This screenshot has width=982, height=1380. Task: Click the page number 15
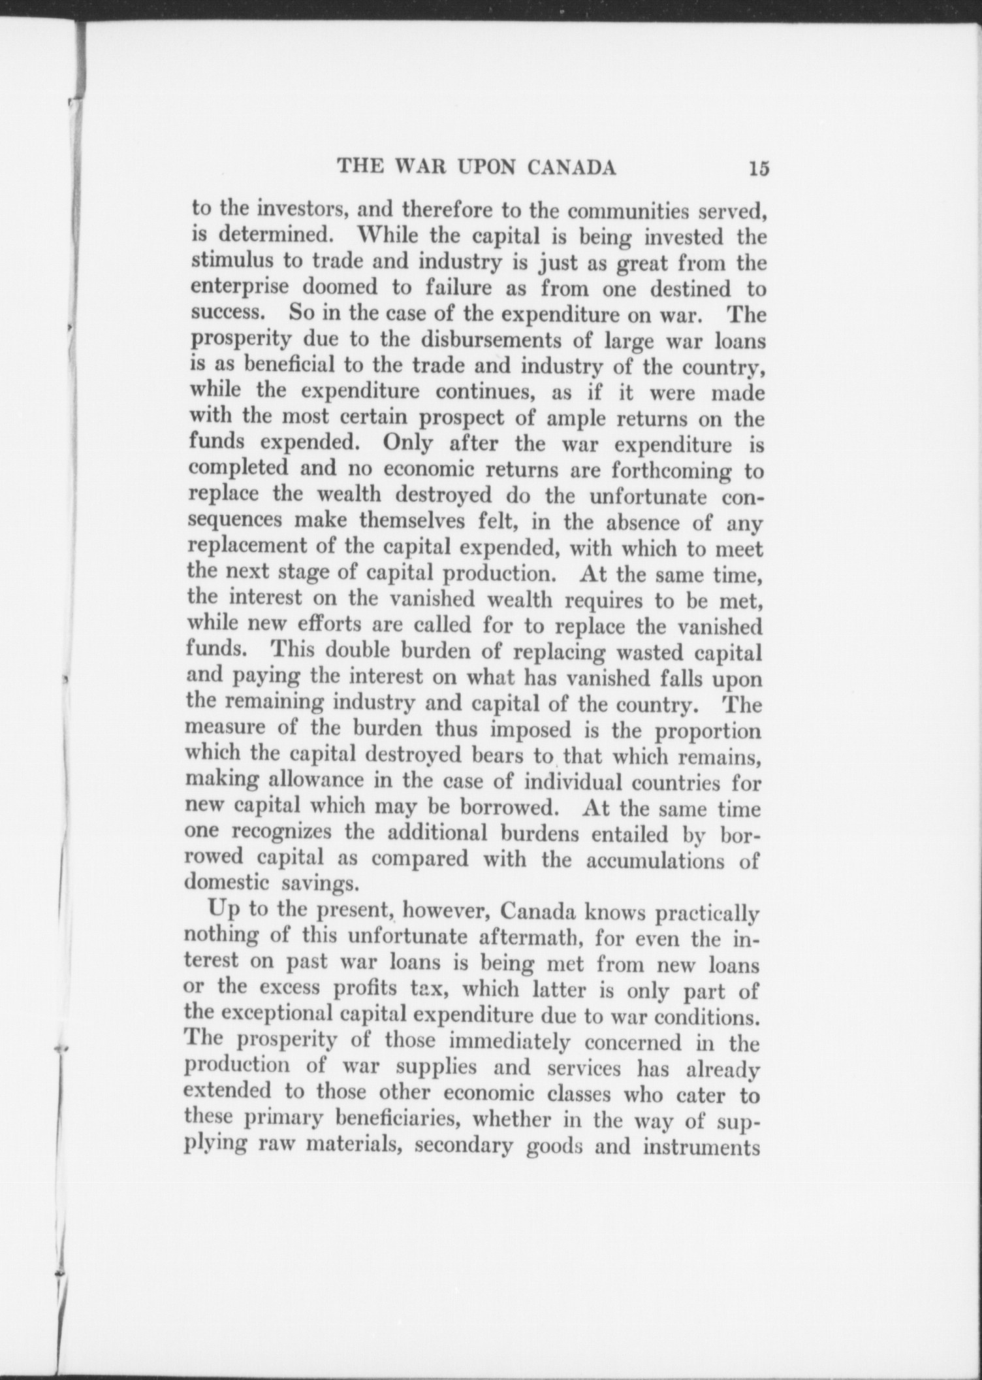point(759,169)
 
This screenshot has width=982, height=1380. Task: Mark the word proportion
point(707,731)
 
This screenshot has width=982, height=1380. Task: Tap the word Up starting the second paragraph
point(220,910)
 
